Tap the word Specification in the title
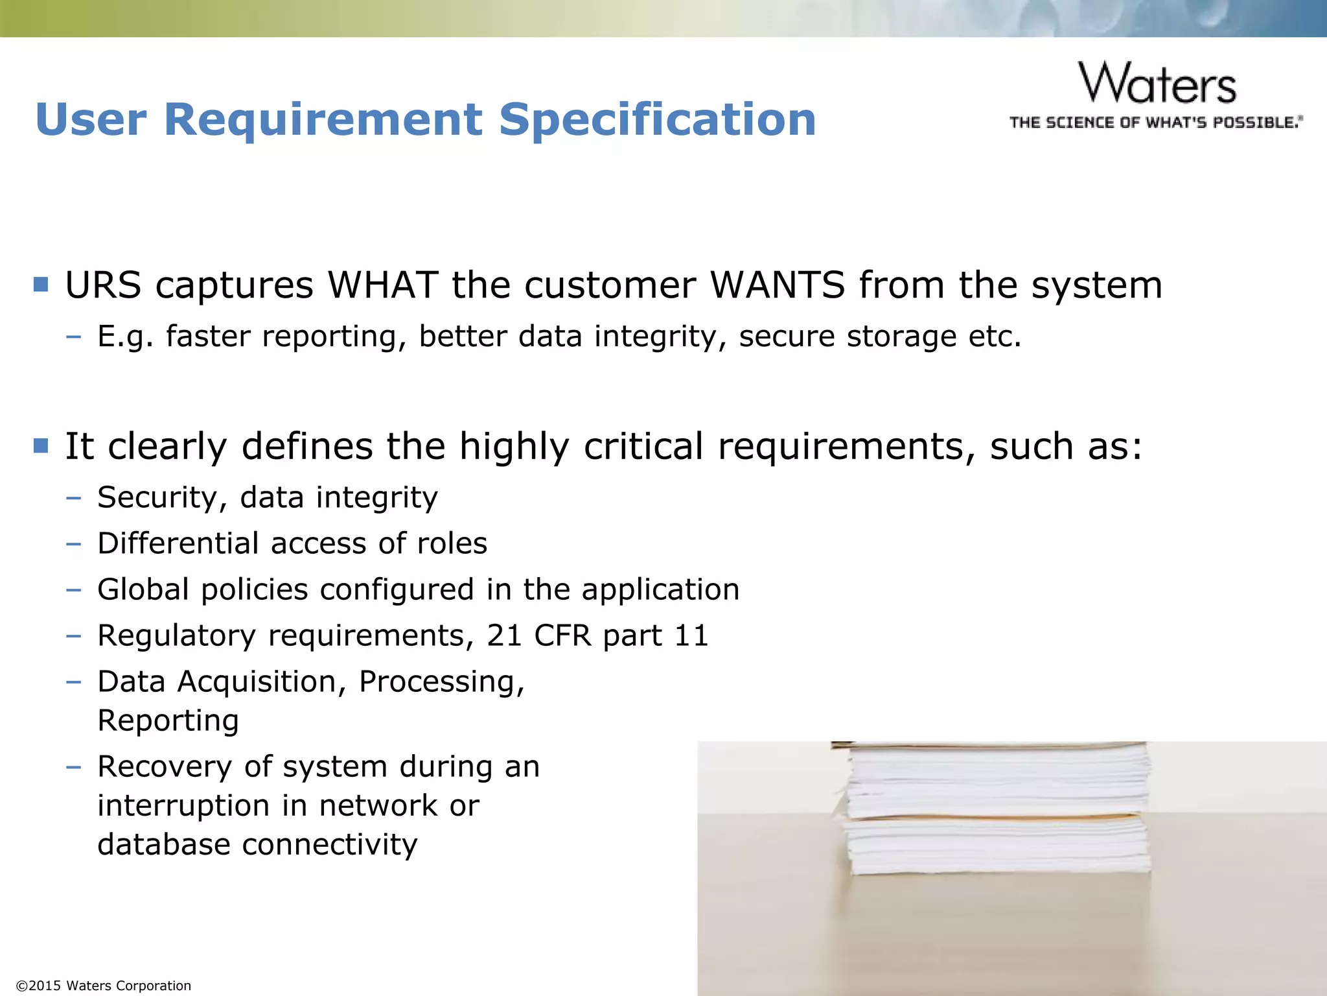point(657,120)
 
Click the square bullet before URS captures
point(41,285)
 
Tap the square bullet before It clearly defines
point(41,445)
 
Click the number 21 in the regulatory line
point(504,635)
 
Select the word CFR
point(562,635)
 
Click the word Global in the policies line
point(143,589)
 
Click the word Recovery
point(165,766)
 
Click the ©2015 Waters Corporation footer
point(104,986)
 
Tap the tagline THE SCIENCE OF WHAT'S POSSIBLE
point(1155,123)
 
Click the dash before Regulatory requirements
point(73,635)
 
